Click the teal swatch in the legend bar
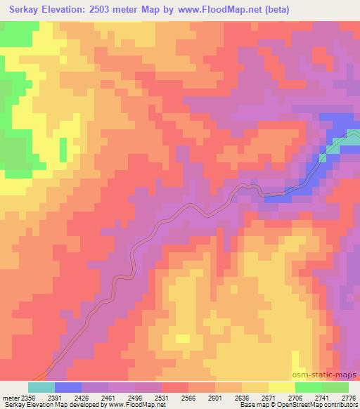(x=41, y=387)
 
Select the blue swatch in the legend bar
(x=68, y=387)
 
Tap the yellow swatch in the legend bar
(x=282, y=387)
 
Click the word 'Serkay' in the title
(x=20, y=10)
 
